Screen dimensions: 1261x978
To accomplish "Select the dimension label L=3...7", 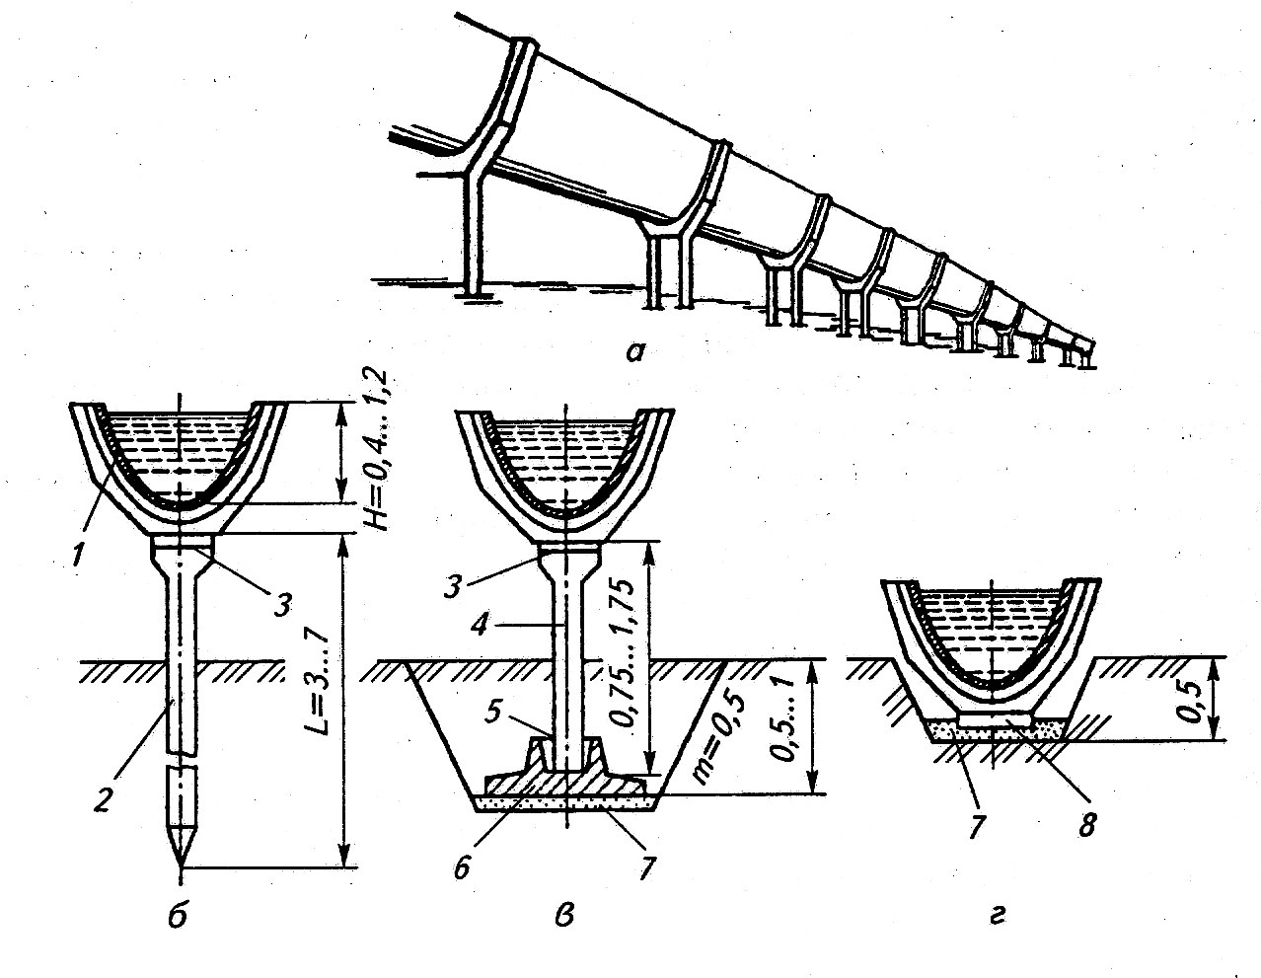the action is click(320, 686).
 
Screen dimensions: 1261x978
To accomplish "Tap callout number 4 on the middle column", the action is click(480, 625).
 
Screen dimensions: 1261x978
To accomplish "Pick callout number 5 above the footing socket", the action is click(494, 712).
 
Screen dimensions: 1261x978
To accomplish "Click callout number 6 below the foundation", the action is click(462, 867).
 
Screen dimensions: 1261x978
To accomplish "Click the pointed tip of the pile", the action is click(181, 864).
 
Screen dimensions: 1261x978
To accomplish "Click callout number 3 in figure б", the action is click(281, 605).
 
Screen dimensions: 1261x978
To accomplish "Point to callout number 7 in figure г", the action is click(973, 824).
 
